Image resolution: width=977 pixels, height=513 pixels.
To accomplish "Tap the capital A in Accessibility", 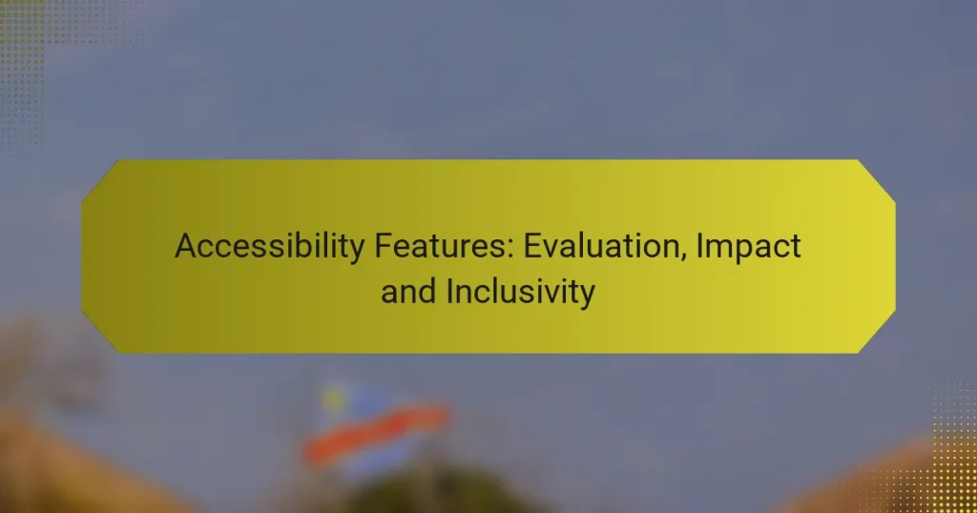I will click(185, 247).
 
